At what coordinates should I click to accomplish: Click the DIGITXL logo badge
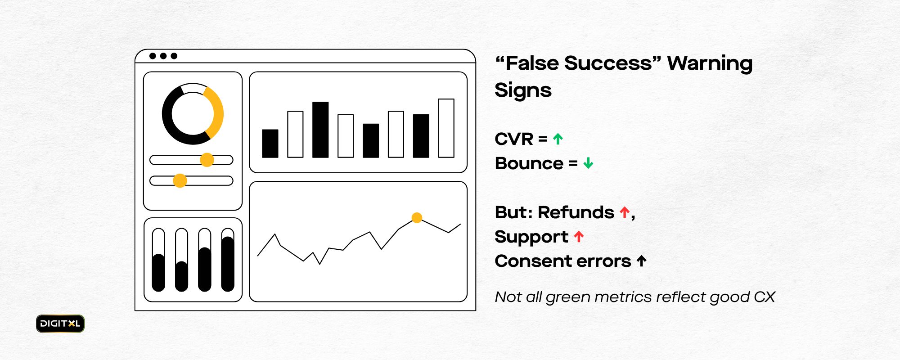point(60,324)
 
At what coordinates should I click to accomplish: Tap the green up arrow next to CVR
point(558,139)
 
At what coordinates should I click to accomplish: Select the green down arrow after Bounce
point(588,163)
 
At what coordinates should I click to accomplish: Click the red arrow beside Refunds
point(625,212)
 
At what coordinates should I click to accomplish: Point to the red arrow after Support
point(579,236)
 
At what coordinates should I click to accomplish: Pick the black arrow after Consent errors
point(642,261)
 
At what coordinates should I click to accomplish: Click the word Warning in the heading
point(710,63)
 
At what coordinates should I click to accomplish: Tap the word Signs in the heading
point(523,90)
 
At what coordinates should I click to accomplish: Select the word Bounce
point(529,163)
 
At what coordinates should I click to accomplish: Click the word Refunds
point(576,212)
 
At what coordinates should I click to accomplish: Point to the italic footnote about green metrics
point(635,297)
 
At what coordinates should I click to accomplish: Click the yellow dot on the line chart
point(417,218)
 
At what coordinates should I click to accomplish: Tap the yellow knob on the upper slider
point(207,160)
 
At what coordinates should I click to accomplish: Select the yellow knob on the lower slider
point(180,180)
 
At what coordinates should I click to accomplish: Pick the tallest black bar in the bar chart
point(320,130)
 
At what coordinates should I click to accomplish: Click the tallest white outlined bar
point(446,128)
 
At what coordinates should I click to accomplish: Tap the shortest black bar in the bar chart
point(270,144)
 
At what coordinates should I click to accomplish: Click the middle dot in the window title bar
point(163,56)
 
